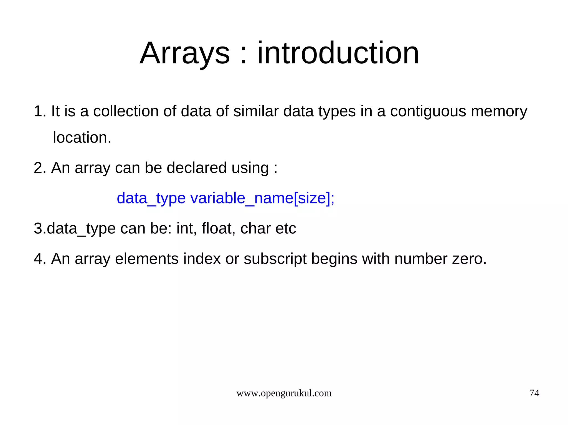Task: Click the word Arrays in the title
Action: coord(185,53)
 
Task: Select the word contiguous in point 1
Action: coord(428,112)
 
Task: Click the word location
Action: coord(82,138)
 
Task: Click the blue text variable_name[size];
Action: coord(262,198)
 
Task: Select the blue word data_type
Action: coord(151,198)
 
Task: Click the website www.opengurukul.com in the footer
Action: coord(284,393)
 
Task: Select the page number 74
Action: coord(534,393)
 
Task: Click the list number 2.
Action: coord(40,168)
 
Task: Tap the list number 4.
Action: coord(40,259)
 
